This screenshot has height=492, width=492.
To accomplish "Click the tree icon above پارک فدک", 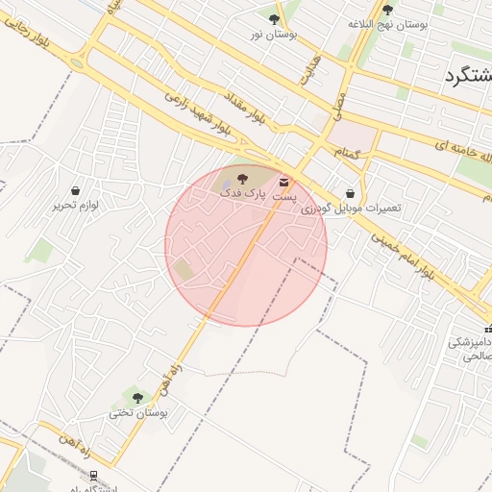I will coord(241,178).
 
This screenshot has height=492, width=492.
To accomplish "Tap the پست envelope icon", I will coord(284,182).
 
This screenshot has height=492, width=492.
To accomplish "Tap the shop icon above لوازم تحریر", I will coord(76,189).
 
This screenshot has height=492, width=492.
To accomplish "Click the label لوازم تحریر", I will coord(76,206).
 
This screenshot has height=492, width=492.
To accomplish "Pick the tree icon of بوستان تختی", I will coord(137,397).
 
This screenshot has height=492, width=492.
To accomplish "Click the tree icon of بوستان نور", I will coord(275,19).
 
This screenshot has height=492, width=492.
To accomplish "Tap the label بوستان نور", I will coord(275,35).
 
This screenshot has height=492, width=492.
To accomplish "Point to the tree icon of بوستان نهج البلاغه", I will coord(387,10).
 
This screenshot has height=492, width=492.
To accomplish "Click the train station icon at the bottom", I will coord(94,475).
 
